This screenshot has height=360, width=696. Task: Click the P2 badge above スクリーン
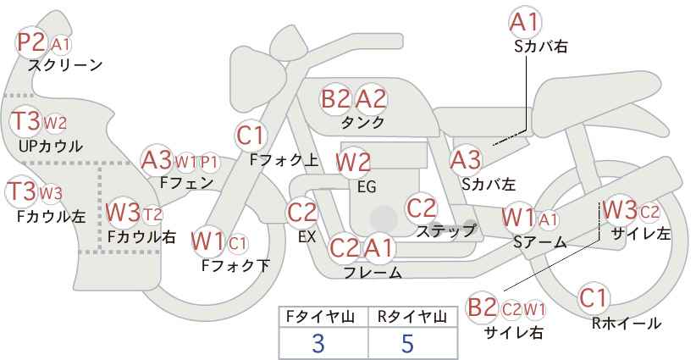(x=33, y=42)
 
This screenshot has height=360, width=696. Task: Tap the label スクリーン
(x=65, y=65)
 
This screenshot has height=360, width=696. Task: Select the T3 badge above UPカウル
(x=25, y=121)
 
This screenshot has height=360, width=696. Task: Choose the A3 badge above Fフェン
(x=157, y=160)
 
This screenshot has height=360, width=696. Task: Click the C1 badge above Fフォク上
(x=251, y=135)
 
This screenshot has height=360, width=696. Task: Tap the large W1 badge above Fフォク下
(x=207, y=241)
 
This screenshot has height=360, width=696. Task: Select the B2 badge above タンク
(x=335, y=99)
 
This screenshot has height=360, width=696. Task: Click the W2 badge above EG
(x=353, y=161)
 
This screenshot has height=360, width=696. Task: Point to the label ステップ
(x=446, y=230)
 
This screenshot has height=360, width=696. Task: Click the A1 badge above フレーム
(x=379, y=249)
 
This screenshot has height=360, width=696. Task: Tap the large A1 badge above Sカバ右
(x=524, y=22)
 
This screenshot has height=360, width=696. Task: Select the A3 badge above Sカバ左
(x=466, y=158)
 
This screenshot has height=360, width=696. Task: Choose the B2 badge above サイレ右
(x=483, y=307)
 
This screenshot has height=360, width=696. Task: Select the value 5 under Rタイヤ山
(x=408, y=343)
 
